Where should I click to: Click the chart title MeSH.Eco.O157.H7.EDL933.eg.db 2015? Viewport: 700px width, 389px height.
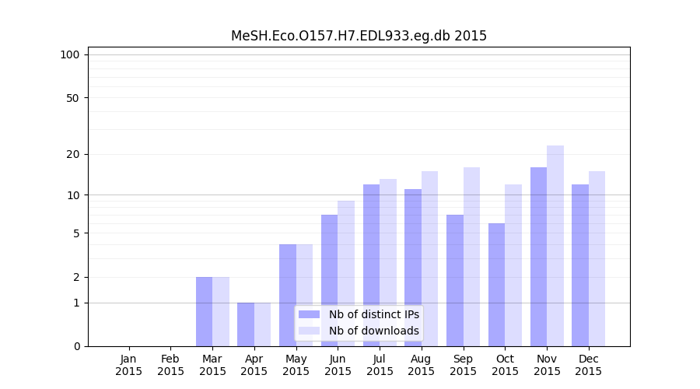pos(359,36)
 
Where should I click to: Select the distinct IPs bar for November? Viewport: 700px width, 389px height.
pos(538,257)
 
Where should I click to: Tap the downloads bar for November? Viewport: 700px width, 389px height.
pos(555,246)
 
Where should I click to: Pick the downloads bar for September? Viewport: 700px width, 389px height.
pos(471,257)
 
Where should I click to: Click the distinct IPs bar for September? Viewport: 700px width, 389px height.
pos(455,280)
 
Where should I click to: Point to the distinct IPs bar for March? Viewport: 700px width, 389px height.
pos(204,311)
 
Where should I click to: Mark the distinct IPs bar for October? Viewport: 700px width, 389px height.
pos(496,285)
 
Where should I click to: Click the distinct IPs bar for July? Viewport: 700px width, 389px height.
pos(371,265)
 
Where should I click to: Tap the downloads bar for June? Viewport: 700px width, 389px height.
pos(346,273)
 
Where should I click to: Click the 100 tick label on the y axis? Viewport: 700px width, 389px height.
pos(69,54)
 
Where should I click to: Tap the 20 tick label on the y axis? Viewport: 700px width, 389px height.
pos(72,154)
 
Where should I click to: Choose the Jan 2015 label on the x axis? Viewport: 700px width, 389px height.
pos(129,365)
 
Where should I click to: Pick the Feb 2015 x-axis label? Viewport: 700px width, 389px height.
pos(171,365)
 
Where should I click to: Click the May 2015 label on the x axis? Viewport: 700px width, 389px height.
pos(296,365)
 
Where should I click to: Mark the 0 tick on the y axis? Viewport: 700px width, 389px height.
pos(76,346)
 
